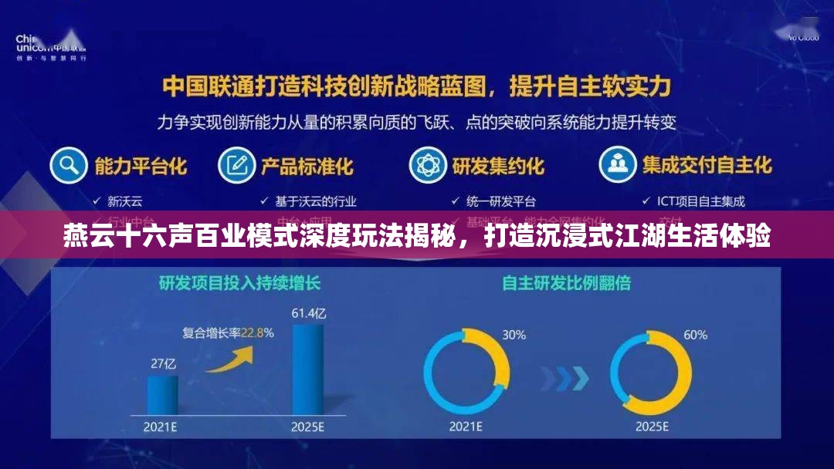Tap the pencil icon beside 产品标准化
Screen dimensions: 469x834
click(x=237, y=165)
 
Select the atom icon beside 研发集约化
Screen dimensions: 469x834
click(x=427, y=165)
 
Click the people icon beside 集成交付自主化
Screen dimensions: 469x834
click(x=618, y=165)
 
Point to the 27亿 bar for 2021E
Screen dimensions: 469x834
click(x=163, y=394)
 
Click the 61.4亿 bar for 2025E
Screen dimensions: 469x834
click(x=307, y=369)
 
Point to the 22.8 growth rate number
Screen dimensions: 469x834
click(x=253, y=333)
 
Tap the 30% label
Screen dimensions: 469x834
click(x=514, y=335)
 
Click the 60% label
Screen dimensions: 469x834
click(x=695, y=335)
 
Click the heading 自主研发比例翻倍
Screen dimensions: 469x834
click(x=566, y=283)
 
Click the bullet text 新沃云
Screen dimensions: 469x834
click(x=124, y=202)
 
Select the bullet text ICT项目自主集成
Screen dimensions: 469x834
click(x=700, y=202)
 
